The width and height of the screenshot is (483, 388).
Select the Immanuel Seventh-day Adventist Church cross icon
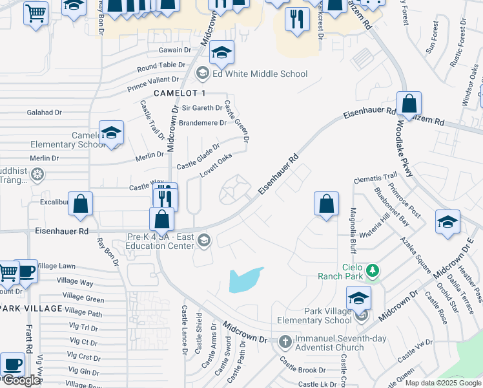[x=285, y=340]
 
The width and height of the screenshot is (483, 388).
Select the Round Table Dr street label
[x=161, y=66]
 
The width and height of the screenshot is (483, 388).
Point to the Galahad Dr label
[x=45, y=112]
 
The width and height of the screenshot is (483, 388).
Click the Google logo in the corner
[x=21, y=380]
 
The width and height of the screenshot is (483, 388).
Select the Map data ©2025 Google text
[x=443, y=383]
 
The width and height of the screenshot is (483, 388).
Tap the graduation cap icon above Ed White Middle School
[x=221, y=54]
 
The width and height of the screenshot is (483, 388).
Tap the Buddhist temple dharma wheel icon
[x=37, y=174]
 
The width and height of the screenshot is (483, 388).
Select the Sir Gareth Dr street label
[x=202, y=108]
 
